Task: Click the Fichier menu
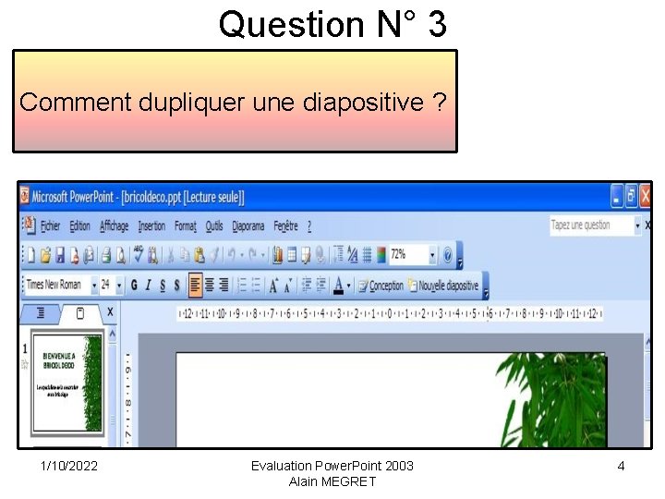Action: (50, 225)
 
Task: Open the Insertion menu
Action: (151, 225)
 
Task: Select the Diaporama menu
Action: (248, 225)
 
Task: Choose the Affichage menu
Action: (115, 225)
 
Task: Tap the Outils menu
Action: (214, 225)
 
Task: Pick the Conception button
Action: (381, 286)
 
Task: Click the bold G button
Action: (134, 286)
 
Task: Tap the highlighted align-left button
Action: (195, 286)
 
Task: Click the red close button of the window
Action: (646, 196)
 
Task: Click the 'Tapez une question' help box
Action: (591, 225)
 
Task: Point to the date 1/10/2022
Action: (69, 466)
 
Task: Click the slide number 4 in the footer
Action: (621, 466)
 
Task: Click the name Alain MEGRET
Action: (332, 481)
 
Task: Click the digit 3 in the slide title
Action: (436, 24)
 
